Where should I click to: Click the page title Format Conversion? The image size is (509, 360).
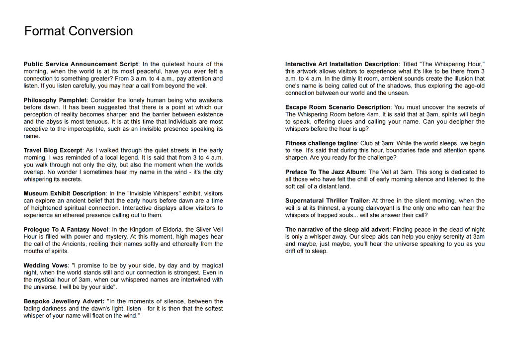tap(79, 31)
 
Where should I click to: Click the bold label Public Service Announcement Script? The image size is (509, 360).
tap(81, 64)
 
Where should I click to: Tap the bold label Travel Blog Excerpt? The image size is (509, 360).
tap(53, 151)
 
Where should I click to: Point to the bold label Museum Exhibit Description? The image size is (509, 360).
tap(64, 193)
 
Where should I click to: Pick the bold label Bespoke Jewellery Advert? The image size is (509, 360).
tap(64, 301)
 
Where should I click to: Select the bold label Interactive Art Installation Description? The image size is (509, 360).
tap(341, 64)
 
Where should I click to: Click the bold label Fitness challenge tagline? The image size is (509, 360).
tap(321, 144)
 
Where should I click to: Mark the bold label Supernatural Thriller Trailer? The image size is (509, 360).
tap(327, 201)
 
